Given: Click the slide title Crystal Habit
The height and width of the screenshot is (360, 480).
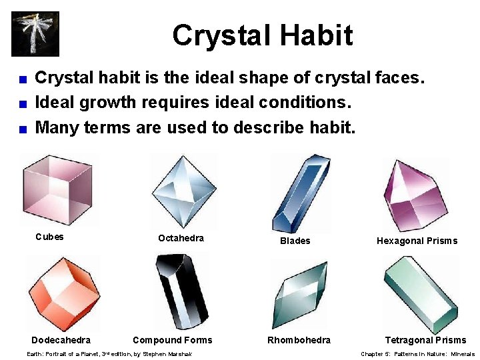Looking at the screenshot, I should point(262,35).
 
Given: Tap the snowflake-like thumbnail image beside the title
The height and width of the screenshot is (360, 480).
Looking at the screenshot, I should point(35,33).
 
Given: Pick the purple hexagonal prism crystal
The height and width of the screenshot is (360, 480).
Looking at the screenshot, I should point(415,195).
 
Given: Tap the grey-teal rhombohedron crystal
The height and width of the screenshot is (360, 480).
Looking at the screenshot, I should point(300,292).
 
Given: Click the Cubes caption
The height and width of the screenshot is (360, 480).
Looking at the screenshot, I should point(49,237).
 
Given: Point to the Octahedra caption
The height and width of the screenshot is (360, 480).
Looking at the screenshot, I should point(181,238).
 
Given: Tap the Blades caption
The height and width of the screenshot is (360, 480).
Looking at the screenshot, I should point(295,241).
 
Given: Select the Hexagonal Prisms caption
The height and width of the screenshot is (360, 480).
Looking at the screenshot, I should point(417,241).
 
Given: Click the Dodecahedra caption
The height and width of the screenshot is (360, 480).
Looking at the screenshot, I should point(61,340).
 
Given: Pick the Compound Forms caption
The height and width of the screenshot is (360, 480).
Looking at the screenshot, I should point(172,340).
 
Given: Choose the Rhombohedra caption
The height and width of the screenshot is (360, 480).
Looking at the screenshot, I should point(299,340).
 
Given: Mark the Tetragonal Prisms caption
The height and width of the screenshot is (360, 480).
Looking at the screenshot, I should point(425,340).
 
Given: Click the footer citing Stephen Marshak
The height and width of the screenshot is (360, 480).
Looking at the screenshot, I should point(109,354).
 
